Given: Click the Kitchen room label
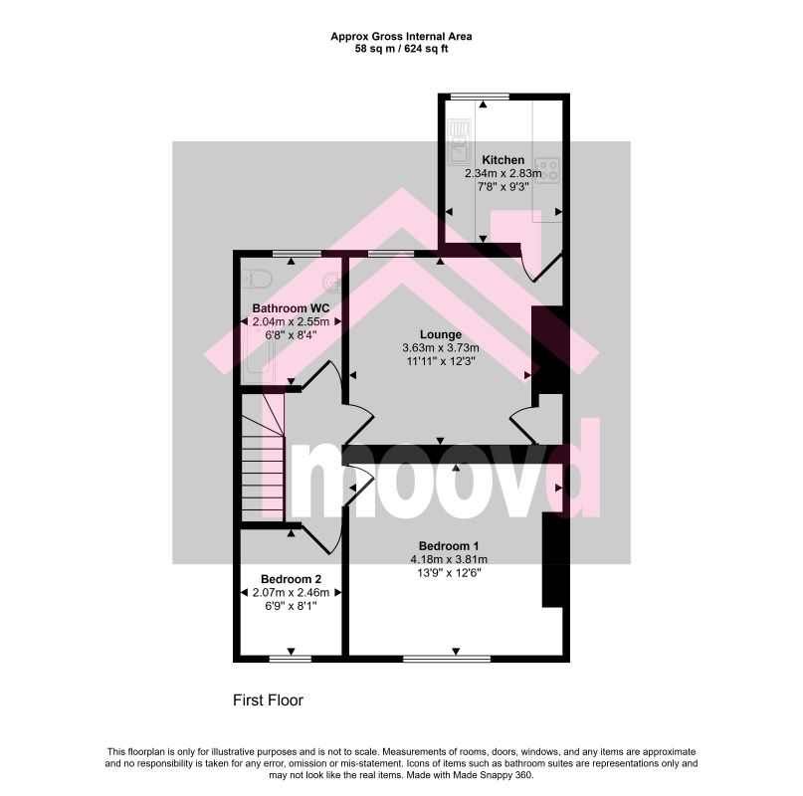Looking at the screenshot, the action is coord(502,160).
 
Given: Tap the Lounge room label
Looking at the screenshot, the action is coord(441,334).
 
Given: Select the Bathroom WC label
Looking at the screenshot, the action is coord(291,308).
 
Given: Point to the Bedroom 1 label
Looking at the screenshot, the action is coord(449,546).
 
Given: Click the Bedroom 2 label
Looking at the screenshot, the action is coord(291,579).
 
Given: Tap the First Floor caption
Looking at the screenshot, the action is coord(268,700).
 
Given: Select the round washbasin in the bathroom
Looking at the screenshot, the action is coord(333,281).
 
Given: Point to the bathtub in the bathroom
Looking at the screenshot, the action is coord(261,353).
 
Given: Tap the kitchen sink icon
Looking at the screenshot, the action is coord(459,142).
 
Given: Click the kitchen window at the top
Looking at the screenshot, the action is coord(480,97).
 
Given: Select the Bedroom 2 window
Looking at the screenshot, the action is coord(291,659).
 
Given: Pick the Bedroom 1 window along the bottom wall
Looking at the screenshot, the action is coord(447,659).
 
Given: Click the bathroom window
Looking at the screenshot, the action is coord(297,253).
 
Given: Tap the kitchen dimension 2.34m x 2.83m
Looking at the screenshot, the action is coord(502,174).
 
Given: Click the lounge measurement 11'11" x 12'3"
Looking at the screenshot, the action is coord(441,361).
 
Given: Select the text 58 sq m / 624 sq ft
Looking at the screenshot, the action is coord(402,49).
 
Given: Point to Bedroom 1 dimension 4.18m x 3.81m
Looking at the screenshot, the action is coord(449,559).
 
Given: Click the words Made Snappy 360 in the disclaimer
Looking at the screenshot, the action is coord(496,775).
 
